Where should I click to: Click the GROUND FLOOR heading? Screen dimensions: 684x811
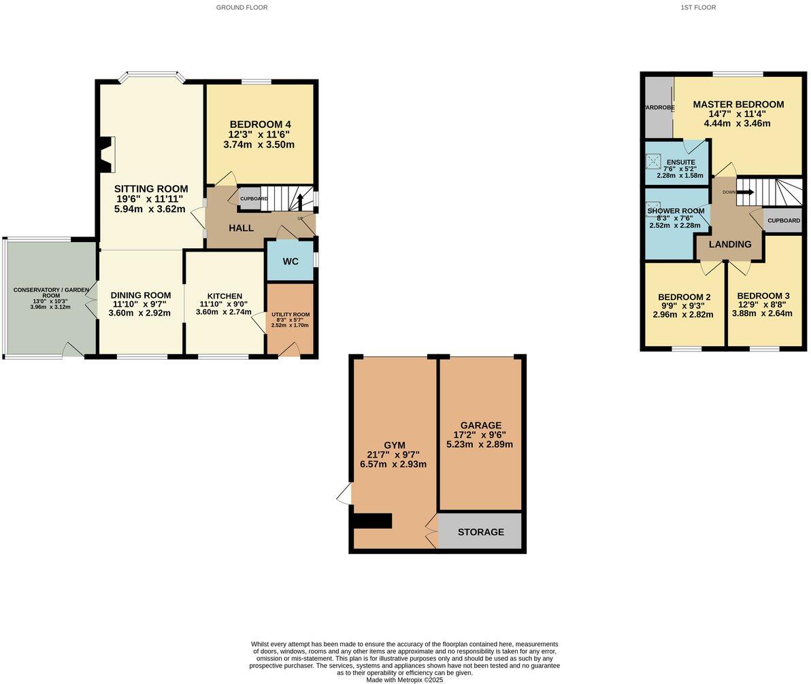[242, 7]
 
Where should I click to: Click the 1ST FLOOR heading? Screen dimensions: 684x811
[698, 7]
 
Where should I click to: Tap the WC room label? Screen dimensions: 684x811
[291, 261]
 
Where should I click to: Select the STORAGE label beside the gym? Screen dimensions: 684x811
[480, 532]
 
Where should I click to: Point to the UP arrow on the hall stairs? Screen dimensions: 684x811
[300, 202]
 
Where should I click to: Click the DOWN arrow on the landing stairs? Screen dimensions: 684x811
[746, 192]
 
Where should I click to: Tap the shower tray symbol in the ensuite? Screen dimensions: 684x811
[653, 161]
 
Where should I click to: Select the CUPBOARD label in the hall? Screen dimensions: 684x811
[254, 199]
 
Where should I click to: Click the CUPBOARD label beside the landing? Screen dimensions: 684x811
[783, 220]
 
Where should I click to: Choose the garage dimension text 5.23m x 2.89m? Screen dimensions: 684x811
[479, 445]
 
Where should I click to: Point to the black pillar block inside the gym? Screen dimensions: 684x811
[372, 521]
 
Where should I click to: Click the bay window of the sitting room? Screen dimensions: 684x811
[151, 75]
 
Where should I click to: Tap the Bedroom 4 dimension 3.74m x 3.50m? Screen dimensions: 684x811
[260, 145]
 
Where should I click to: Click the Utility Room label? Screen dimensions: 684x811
[291, 314]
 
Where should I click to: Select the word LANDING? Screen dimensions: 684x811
[730, 245]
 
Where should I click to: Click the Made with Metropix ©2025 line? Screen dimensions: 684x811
[405, 679]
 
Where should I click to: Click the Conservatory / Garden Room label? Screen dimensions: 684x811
[51, 292]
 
